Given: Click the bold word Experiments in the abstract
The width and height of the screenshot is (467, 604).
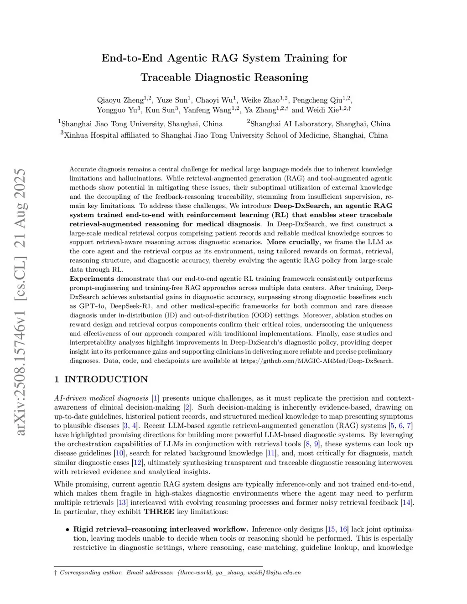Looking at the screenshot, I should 92,279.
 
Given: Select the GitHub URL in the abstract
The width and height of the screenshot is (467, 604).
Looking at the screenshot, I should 317,361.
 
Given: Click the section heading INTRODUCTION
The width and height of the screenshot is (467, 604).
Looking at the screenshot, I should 106,379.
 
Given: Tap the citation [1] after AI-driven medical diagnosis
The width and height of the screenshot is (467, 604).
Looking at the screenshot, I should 155,398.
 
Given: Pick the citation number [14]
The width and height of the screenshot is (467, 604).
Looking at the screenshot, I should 406,502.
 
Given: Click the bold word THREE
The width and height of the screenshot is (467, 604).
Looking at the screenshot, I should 159,511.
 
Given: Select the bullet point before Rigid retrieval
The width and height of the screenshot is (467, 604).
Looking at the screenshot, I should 67,530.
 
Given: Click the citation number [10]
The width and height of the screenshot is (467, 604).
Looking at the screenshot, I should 119,453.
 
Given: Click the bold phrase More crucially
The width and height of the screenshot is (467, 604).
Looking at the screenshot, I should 293,242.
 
